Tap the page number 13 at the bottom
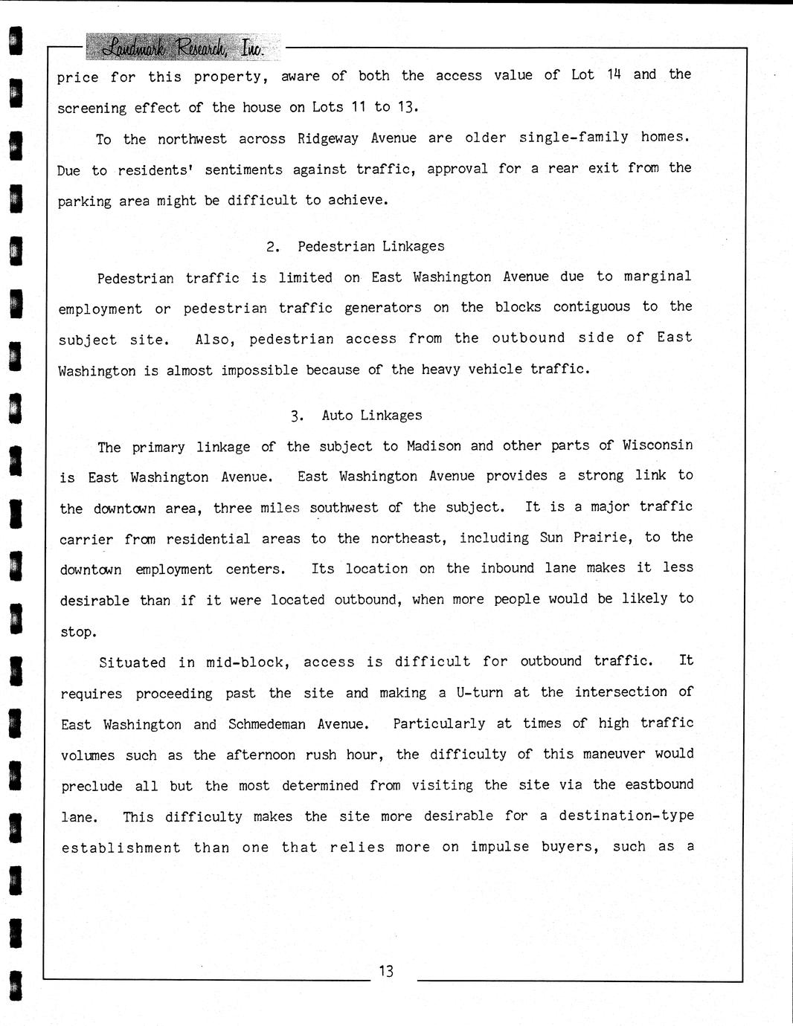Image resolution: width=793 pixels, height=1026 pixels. coord(385,971)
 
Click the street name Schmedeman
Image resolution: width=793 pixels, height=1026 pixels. coord(267,724)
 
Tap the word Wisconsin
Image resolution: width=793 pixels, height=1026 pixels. coord(658,445)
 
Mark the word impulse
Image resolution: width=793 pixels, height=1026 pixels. coord(499,847)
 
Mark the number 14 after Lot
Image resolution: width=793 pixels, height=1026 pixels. coord(613,74)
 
